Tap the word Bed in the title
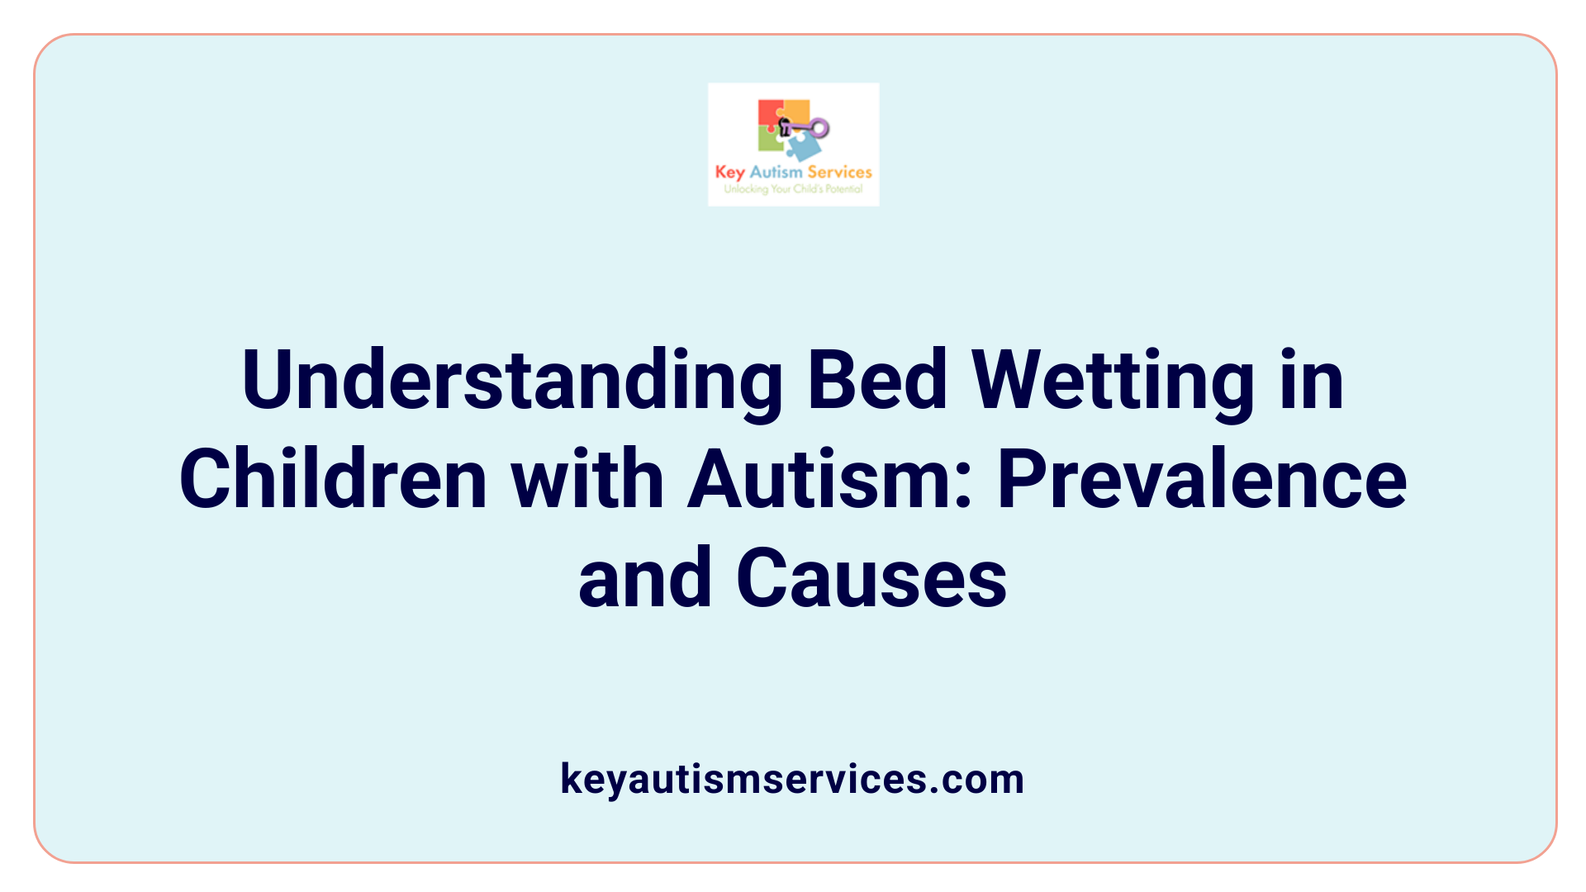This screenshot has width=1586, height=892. coord(877,380)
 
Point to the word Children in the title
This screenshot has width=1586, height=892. coord(333,480)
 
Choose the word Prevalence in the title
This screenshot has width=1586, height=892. coord(1202,480)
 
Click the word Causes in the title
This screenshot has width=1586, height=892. coord(871,578)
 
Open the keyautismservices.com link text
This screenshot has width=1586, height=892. coord(792,779)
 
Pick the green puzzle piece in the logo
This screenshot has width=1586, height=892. coord(770,140)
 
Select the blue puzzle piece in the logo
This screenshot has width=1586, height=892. coord(804,147)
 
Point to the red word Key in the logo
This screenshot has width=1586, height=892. coord(729,172)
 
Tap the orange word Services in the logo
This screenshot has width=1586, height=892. coord(839,172)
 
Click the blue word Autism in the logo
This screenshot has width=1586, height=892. coord(776,172)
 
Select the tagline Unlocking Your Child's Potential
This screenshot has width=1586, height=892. coord(793,189)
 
